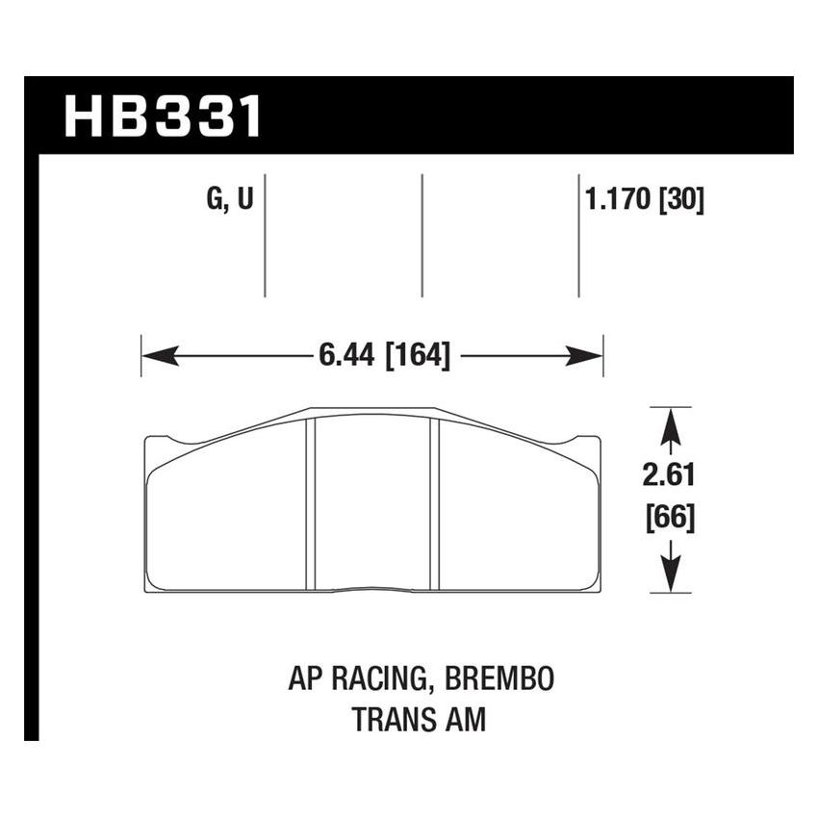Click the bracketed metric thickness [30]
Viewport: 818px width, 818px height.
684,201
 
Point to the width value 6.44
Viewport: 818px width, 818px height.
347,355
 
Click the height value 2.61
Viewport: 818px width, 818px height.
670,474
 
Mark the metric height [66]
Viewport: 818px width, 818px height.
670,519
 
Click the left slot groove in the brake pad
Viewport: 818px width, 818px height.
311,502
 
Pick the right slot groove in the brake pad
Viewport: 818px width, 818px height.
434,502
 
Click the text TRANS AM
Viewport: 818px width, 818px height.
419,719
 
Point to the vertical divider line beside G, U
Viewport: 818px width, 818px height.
265,236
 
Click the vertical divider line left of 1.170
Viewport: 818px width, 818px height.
578,236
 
